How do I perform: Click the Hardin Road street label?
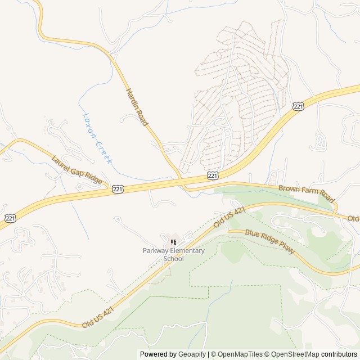point(137,107)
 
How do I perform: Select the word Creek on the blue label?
point(104,152)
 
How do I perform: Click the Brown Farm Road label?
point(307,195)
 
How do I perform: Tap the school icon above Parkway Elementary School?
point(173,242)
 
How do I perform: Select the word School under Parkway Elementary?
point(173,259)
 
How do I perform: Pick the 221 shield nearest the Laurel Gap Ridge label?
point(117,190)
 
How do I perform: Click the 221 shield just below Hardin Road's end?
point(213,176)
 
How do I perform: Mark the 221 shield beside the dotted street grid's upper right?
point(299,106)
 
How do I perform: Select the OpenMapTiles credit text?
point(239,354)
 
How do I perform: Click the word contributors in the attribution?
point(339,354)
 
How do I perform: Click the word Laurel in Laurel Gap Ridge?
point(62,163)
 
